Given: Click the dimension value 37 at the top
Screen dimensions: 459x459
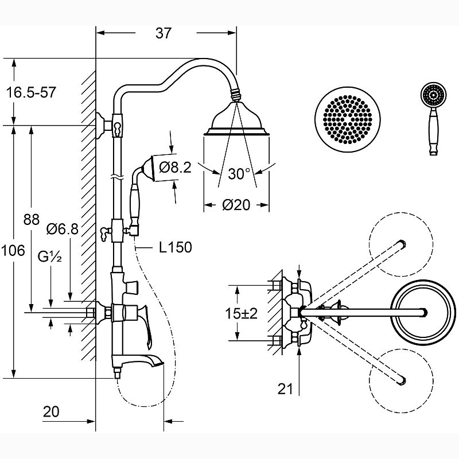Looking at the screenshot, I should [x=164, y=34].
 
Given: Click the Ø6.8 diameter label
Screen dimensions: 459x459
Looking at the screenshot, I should [x=62, y=229].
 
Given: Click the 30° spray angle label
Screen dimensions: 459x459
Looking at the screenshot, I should [x=239, y=174].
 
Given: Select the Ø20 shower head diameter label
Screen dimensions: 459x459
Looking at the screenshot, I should [x=236, y=205].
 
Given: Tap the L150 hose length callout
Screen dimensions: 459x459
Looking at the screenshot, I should [x=176, y=248].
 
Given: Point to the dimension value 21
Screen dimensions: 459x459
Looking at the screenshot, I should [x=285, y=390].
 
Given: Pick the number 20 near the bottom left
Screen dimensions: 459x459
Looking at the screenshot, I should [x=51, y=411].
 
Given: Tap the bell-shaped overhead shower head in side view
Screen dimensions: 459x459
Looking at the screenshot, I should [x=236, y=119].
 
